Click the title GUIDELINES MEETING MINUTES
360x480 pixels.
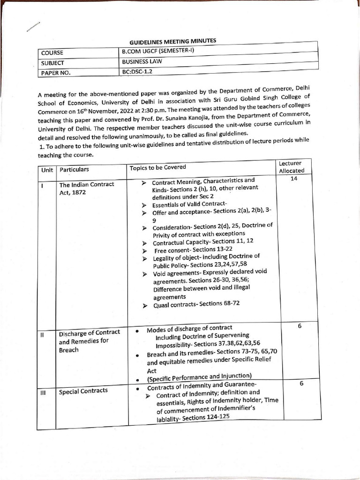(x=173, y=42)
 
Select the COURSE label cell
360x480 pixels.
(x=52, y=53)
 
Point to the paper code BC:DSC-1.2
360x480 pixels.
(x=137, y=71)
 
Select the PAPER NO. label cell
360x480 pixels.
(x=56, y=73)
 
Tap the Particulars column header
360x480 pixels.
(x=74, y=169)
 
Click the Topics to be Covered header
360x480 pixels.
(x=158, y=167)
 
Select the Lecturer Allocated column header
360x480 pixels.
(x=291, y=167)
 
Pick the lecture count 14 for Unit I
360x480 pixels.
(x=294, y=179)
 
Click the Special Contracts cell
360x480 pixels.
(x=83, y=390)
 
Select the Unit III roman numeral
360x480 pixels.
(x=43, y=392)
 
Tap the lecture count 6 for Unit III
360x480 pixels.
(x=301, y=383)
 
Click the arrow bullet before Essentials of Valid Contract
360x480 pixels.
(x=144, y=205)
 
